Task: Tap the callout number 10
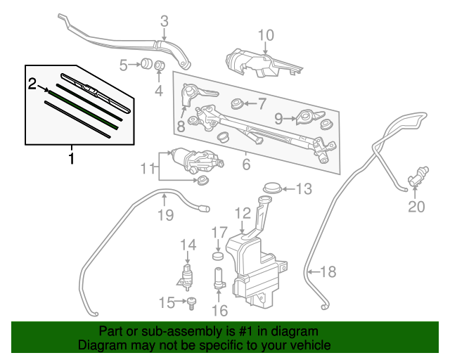click(x=265, y=35)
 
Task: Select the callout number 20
click(x=417, y=206)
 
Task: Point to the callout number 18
click(x=328, y=271)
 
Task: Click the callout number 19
click(x=165, y=215)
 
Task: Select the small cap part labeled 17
click(x=219, y=255)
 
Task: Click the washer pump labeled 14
click(x=188, y=275)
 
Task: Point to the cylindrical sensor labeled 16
click(x=218, y=278)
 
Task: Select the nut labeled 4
click(x=159, y=67)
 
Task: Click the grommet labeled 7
click(x=238, y=105)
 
